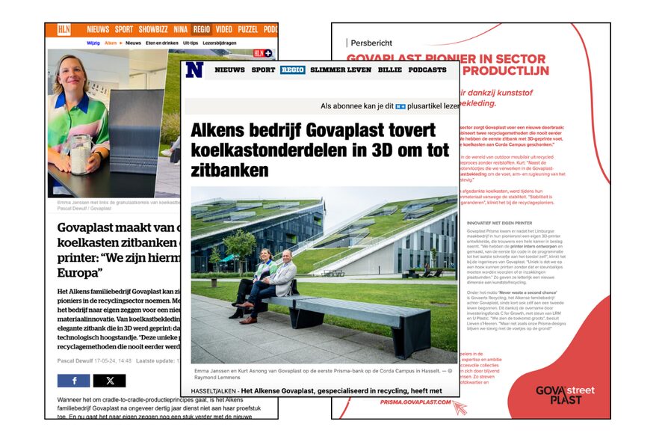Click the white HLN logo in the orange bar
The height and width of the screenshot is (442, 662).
click(x=65, y=30)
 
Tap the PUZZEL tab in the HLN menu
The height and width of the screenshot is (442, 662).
click(x=247, y=30)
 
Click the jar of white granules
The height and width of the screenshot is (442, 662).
click(x=80, y=153)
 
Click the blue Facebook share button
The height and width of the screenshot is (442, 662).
click(x=73, y=381)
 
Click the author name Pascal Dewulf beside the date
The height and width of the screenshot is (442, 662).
click(x=77, y=360)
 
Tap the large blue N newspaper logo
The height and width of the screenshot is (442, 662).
click(x=195, y=70)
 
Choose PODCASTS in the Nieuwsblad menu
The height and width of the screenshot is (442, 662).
click(x=427, y=70)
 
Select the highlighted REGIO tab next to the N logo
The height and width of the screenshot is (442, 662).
click(x=292, y=70)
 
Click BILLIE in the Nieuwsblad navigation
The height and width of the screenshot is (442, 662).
click(x=390, y=70)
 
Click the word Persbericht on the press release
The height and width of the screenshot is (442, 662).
click(x=371, y=43)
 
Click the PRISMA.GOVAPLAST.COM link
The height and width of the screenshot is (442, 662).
click(x=416, y=402)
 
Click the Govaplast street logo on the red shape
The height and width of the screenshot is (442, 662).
click(x=566, y=395)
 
